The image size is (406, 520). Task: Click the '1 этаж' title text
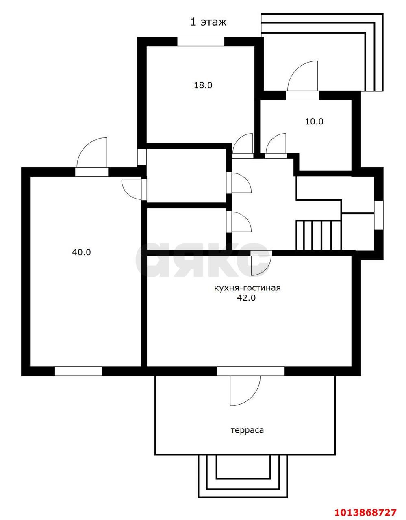pos(208,22)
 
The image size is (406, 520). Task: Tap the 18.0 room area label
pos(203,85)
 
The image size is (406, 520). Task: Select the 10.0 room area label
pos(314,121)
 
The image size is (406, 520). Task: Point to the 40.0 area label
pos(81,252)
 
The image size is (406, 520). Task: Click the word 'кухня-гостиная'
pos(248,288)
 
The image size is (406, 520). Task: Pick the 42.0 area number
pos(246,298)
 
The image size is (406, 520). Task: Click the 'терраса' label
pos(247,430)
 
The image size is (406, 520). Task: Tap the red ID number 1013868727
pos(365,512)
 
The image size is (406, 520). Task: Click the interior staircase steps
pos(318,235)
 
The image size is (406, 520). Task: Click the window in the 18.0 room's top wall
pos(201,41)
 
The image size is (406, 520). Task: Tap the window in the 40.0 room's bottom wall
pos(78,371)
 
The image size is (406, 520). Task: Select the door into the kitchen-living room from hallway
pos(259,263)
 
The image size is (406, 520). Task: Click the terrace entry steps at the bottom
pos(243,475)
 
